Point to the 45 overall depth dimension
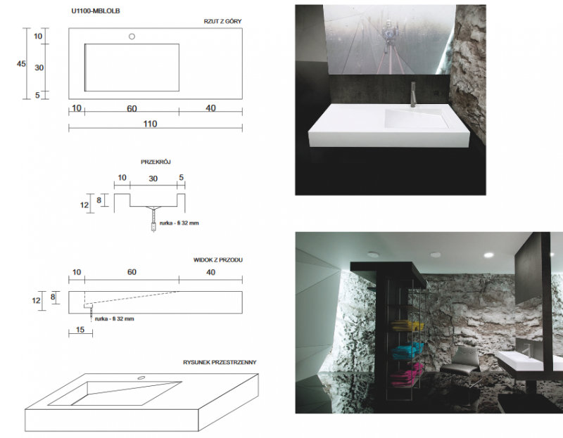click(21, 64)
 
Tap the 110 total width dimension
click(149, 124)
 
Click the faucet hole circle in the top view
click(132, 36)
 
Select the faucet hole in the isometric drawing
click(142, 378)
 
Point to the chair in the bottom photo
click(465, 361)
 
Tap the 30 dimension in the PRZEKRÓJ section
click(152, 179)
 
